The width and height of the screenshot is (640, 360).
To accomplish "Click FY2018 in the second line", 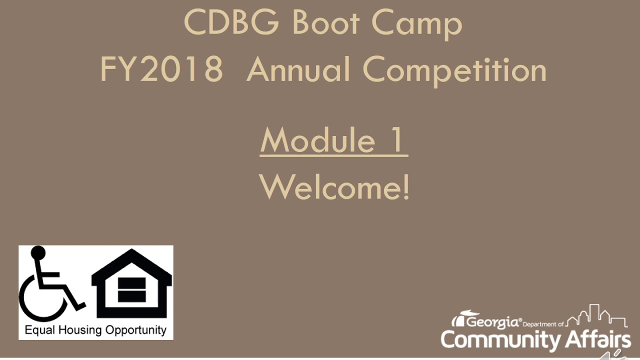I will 161,69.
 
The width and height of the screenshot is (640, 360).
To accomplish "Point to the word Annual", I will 298,69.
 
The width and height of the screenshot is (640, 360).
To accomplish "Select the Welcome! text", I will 334,187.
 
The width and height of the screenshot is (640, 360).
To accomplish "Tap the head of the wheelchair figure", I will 38,253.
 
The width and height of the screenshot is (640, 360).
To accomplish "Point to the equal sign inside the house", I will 132,290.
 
